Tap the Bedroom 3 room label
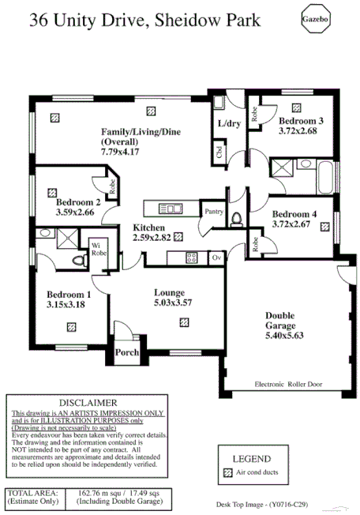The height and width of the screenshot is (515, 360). tap(298, 120)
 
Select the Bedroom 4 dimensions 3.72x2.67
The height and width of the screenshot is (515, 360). tap(294, 225)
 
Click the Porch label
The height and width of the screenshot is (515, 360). tap(127, 352)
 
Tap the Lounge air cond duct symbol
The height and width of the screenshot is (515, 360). tap(183, 321)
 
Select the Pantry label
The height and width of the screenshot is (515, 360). tap(214, 212)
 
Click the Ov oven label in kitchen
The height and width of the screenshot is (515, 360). tap(216, 257)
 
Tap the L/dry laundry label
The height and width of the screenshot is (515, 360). tap(229, 124)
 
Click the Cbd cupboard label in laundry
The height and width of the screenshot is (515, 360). tap(219, 153)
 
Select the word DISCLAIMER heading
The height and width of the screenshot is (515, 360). tap(88, 403)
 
